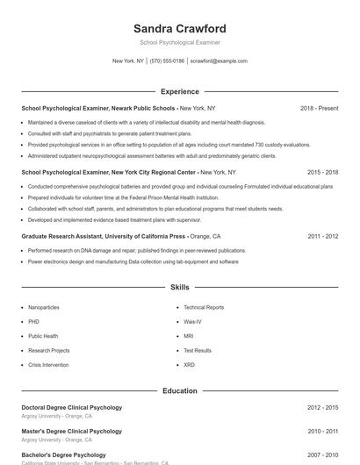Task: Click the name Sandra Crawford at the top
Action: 180,29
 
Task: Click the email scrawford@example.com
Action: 219,61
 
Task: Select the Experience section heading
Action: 180,91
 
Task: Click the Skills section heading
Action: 180,287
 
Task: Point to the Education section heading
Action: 180,390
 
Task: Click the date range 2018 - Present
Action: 319,108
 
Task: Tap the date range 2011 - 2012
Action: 322,237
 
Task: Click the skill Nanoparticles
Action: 44,308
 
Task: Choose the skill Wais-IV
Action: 193,322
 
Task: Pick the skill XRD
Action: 190,365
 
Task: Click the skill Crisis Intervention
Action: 48,365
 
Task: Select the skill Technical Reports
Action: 204,308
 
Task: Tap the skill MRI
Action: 189,336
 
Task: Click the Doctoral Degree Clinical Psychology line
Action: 72,407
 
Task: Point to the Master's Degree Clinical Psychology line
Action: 72,431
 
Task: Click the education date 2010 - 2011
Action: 322,432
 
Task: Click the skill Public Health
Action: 43,336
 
